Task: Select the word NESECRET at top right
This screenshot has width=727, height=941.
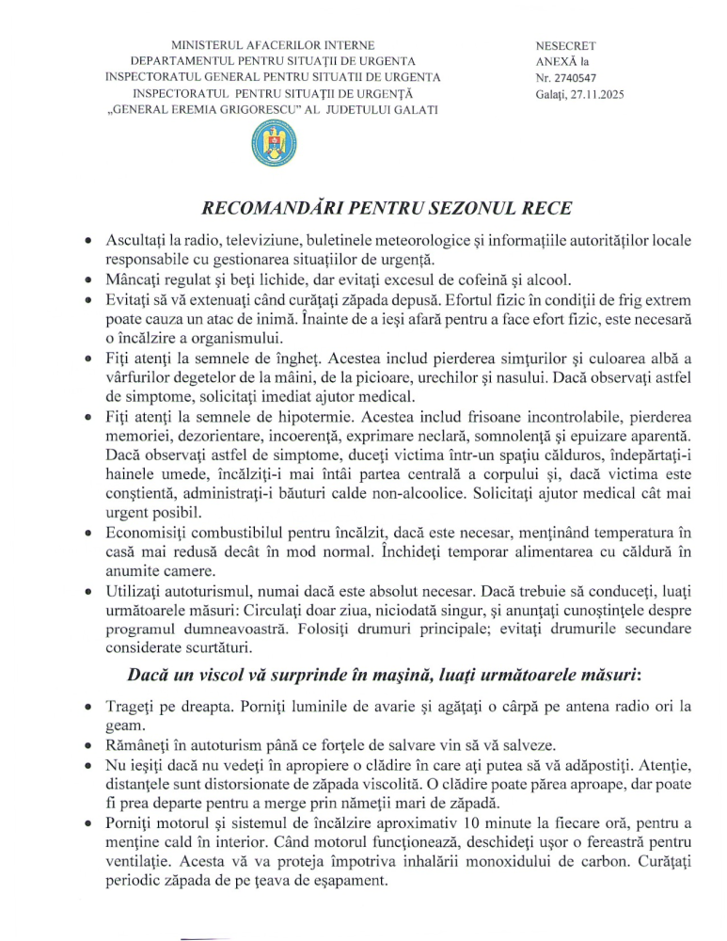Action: pos(565,45)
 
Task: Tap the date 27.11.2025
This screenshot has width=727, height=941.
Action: pos(592,95)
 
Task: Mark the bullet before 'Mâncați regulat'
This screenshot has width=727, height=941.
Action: pos(87,279)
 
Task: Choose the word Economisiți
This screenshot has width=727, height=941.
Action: pos(152,534)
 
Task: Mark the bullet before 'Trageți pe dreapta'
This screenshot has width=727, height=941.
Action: pos(87,707)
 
